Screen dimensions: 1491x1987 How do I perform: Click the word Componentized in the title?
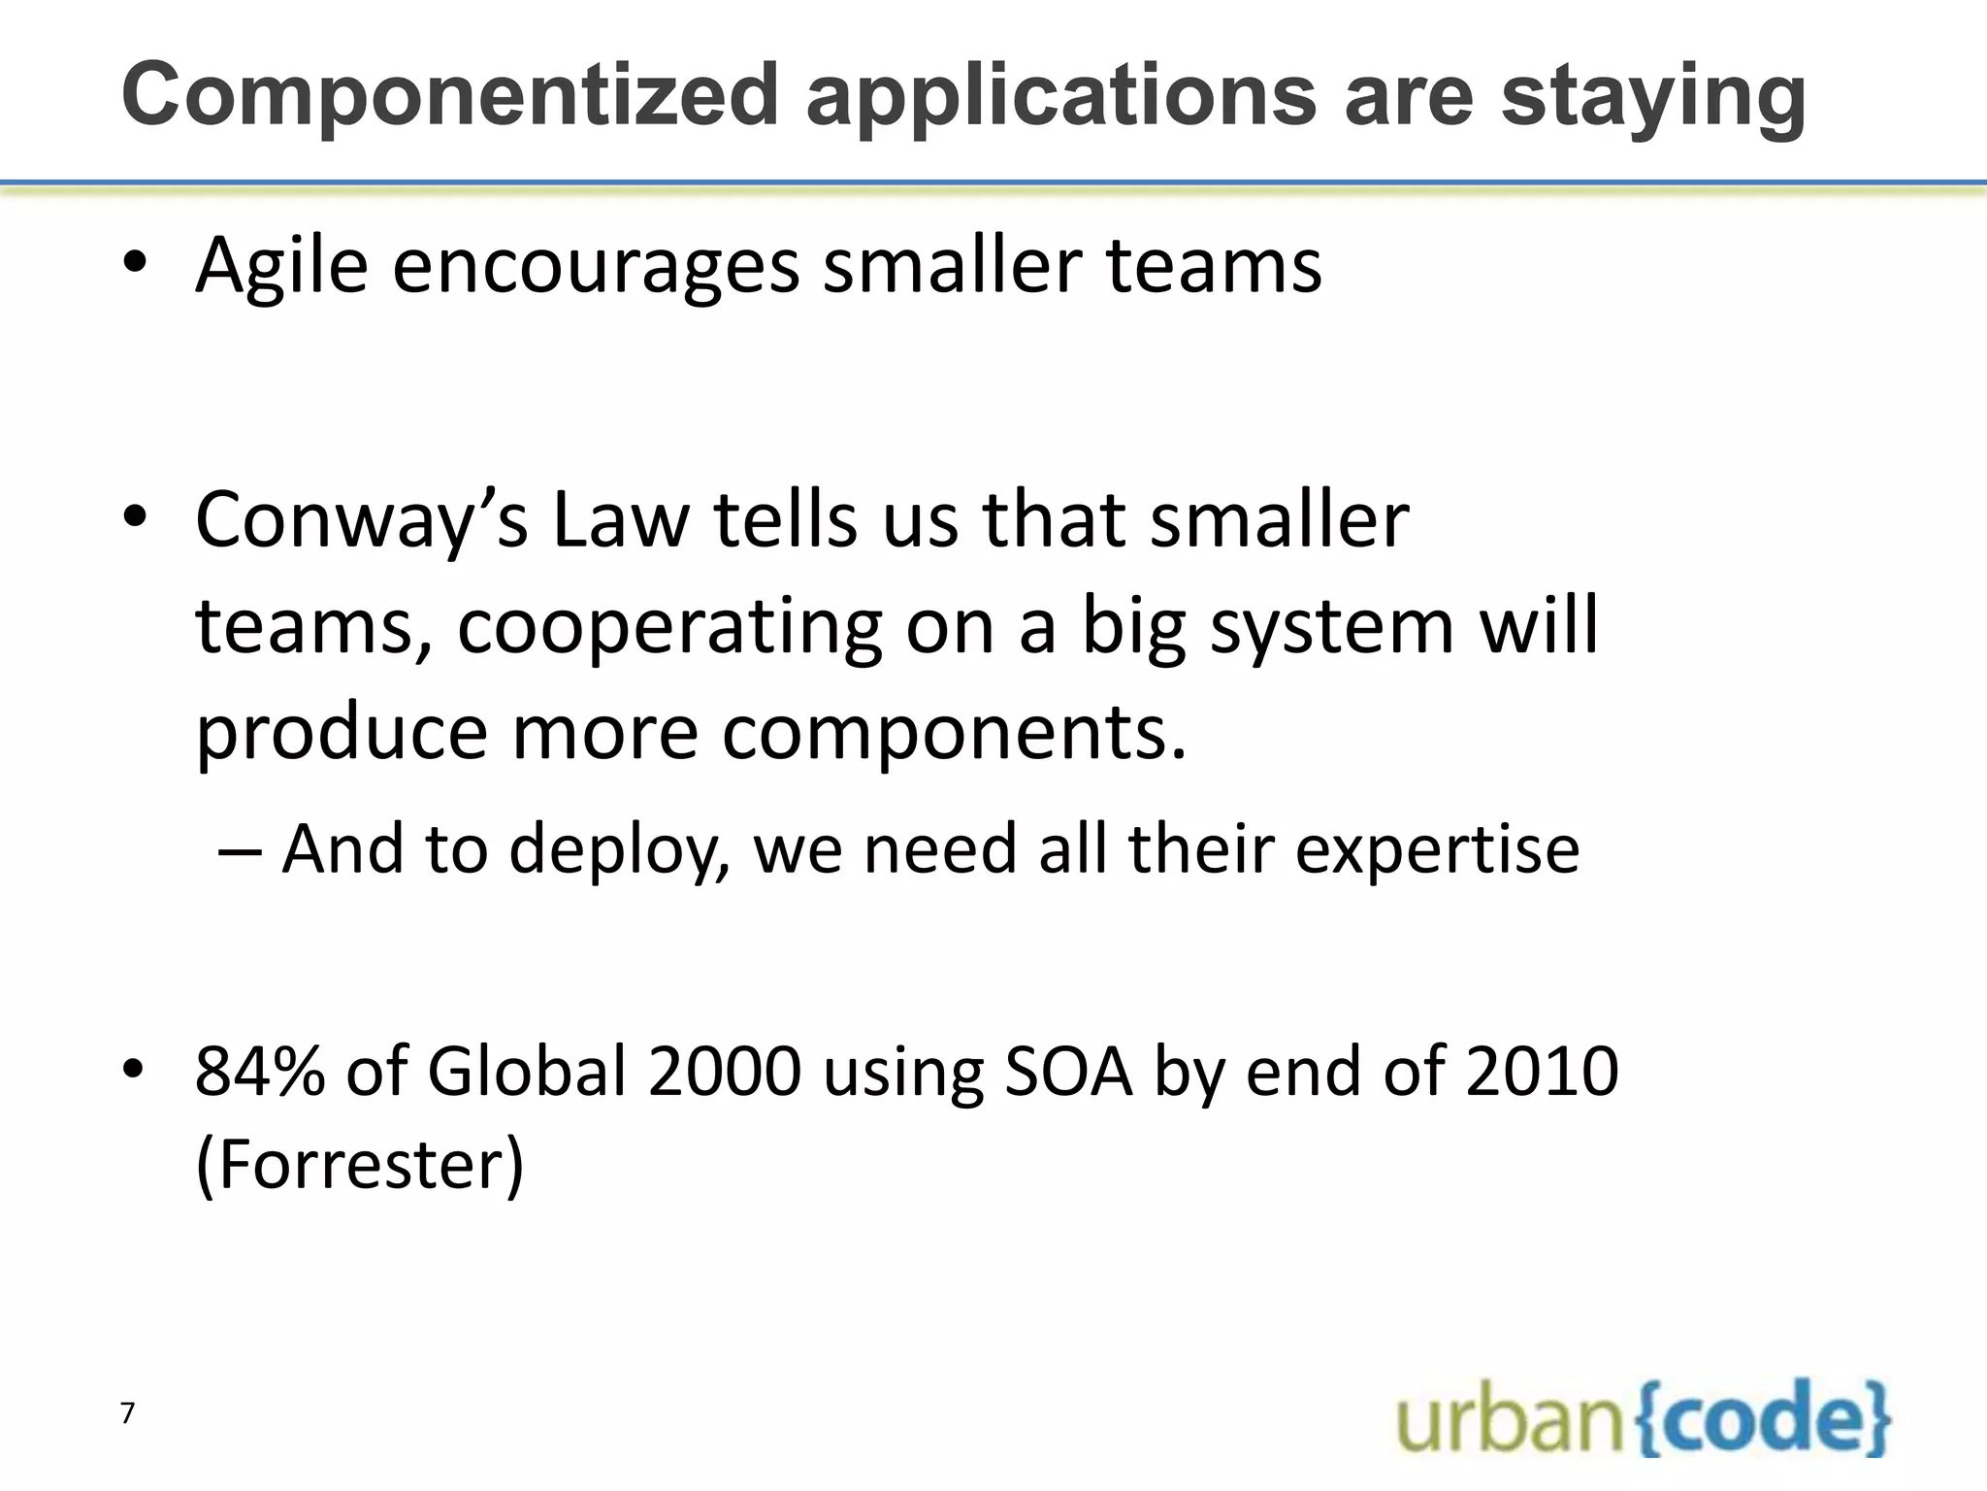[x=450, y=95]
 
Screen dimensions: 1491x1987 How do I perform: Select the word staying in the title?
[x=1653, y=97]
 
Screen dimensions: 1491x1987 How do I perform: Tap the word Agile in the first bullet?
[x=281, y=266]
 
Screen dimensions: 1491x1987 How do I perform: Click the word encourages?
[x=596, y=266]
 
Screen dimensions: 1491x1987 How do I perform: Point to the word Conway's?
[x=361, y=521]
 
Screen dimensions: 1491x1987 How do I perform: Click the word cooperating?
[x=669, y=627]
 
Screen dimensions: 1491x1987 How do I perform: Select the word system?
[x=1333, y=627]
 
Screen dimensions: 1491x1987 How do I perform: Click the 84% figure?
[x=259, y=1072]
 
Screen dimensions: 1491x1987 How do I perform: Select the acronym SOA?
[x=1068, y=1072]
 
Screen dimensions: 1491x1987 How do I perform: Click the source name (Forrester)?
[x=359, y=1164]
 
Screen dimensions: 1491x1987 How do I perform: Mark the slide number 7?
[x=127, y=1413]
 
